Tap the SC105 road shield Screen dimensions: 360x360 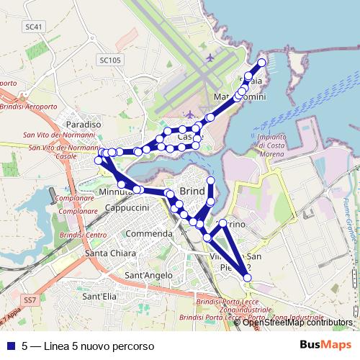[x=110, y=60]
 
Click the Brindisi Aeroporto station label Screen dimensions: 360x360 [x=29, y=107]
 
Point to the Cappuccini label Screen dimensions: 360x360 [x=127, y=208]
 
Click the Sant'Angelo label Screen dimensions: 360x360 [x=149, y=275]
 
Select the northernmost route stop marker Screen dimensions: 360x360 [x=262, y=63]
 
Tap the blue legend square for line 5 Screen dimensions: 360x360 [x=12, y=346]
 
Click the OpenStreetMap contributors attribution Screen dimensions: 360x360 [x=297, y=323]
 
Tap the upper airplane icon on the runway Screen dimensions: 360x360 [x=210, y=57]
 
